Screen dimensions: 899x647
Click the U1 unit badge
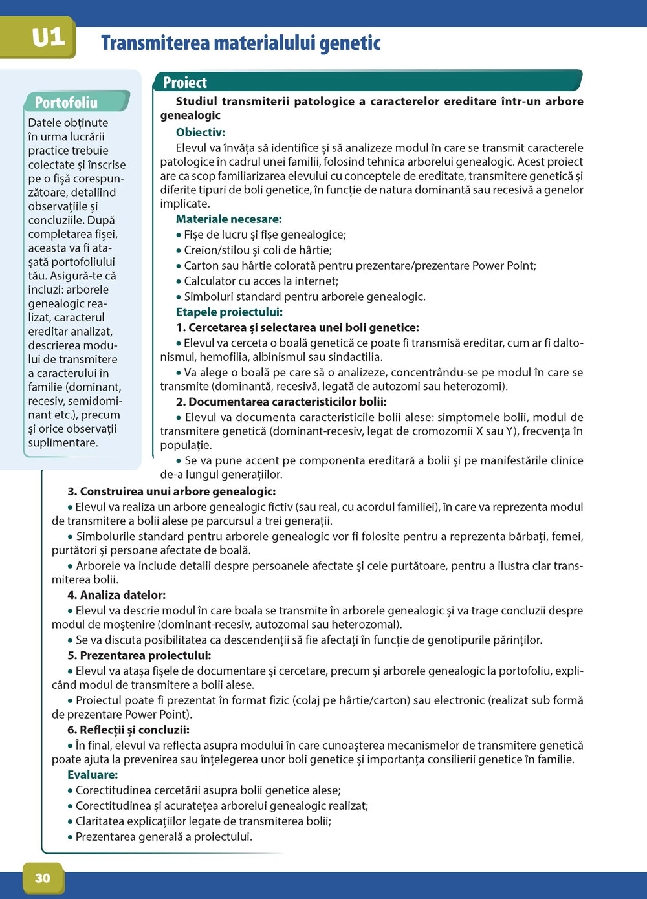(x=48, y=37)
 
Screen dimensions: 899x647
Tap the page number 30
(x=43, y=878)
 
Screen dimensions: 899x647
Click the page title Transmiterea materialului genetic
(x=241, y=43)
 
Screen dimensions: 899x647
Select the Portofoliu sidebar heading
(x=66, y=103)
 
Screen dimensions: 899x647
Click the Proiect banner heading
(x=185, y=83)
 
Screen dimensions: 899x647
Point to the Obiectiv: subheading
(x=201, y=133)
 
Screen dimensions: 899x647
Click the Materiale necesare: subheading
(x=229, y=219)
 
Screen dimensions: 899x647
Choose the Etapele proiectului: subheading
(x=229, y=312)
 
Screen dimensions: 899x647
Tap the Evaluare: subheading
(x=93, y=775)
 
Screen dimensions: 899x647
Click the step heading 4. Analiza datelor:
(x=116, y=595)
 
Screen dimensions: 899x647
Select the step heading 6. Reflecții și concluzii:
(x=128, y=730)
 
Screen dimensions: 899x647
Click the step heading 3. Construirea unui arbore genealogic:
(x=171, y=492)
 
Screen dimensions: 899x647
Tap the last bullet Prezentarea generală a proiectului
(x=164, y=837)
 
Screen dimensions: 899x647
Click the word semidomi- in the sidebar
(x=95, y=401)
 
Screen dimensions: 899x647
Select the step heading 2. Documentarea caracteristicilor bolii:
(x=281, y=402)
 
